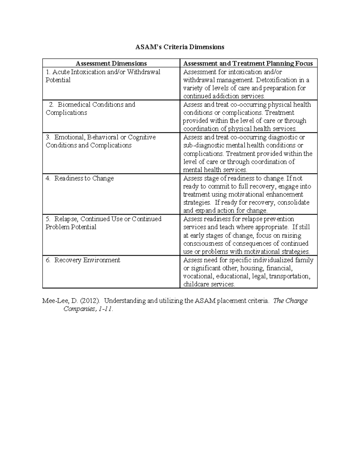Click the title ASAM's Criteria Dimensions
(179, 47)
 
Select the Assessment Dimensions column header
(111, 63)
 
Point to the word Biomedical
(75, 104)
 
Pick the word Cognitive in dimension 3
(142, 137)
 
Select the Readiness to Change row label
(84, 178)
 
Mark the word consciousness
(203, 243)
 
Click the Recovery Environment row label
(87, 260)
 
